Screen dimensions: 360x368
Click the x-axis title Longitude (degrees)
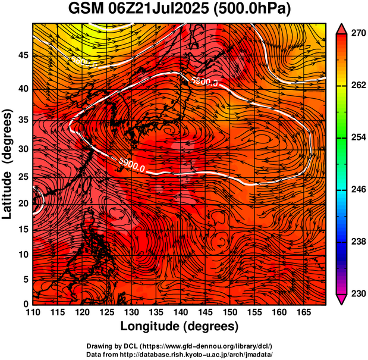[x=180, y=326]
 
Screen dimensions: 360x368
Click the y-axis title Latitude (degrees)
[x=8, y=164]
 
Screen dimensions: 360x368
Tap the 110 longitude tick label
[x=33, y=312]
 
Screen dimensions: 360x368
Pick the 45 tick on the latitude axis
[x=23, y=55]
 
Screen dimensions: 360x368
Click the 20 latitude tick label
[x=23, y=203]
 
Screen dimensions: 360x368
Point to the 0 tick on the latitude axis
[x=26, y=304]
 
